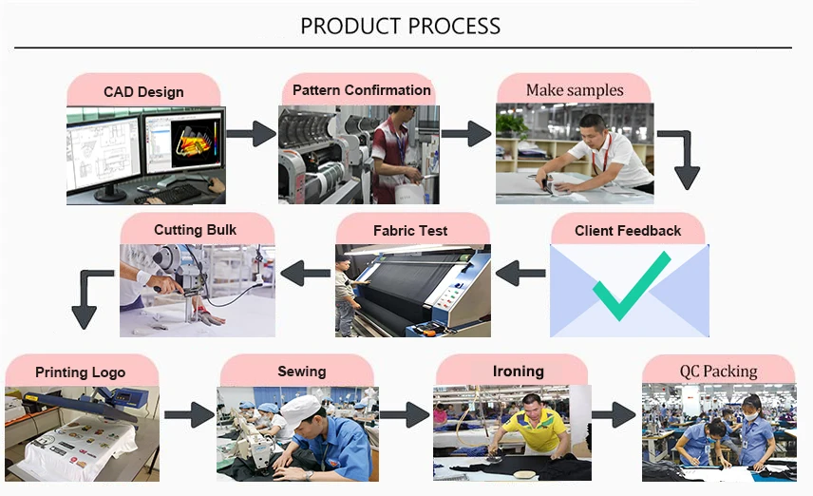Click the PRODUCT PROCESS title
pos(400,26)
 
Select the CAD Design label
pos(143,92)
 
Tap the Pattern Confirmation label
pos(361,90)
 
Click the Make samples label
pos(575,90)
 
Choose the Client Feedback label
pos(628,230)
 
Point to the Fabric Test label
pos(410,230)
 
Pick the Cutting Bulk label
pos(195,230)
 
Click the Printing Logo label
pos(80,372)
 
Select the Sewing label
pos(301,371)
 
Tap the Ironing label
pos(518,371)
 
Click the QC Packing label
pos(718,371)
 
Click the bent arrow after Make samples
pos(681,157)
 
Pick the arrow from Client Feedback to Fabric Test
pos(520,275)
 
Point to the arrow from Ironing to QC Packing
pos(613,414)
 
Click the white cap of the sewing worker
pos(301,409)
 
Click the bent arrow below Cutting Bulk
pos(88,297)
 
